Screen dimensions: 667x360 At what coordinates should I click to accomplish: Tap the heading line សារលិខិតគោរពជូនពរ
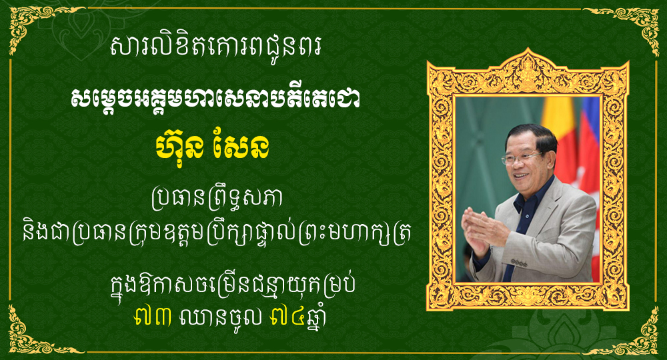click(215, 46)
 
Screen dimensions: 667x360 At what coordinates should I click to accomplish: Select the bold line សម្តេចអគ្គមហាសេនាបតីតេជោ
click(215, 99)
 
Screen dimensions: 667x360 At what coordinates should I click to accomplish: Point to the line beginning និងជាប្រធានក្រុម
click(216, 235)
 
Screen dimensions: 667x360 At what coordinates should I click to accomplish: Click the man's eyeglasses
click(520, 158)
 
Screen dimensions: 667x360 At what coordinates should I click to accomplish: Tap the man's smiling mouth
click(520, 174)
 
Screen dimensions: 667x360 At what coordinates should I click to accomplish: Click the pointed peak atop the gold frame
click(528, 50)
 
